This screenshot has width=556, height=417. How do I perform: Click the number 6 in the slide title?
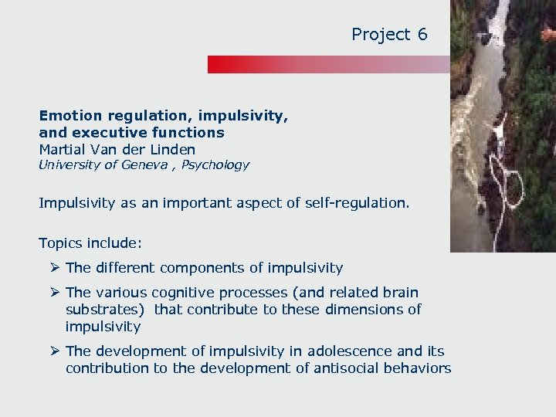click(x=422, y=34)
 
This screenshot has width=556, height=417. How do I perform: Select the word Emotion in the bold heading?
click(x=70, y=116)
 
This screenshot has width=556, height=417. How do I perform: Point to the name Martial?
click(x=62, y=149)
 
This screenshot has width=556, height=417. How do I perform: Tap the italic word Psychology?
click(x=215, y=164)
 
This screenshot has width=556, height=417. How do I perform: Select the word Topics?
click(x=61, y=243)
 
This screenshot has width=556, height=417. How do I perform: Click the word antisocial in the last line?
click(x=348, y=368)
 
